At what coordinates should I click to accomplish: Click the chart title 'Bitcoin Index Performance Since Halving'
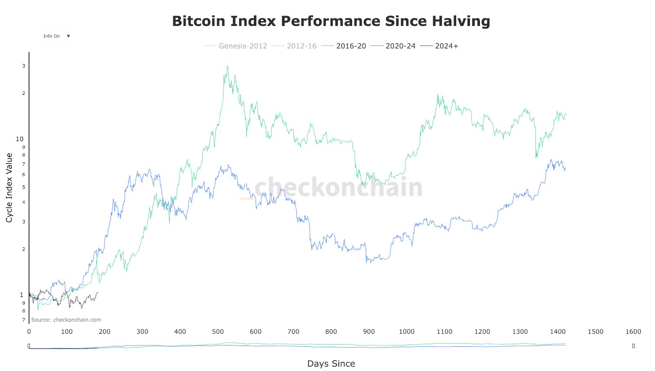click(x=331, y=21)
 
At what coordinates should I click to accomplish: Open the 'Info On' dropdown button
click(x=55, y=36)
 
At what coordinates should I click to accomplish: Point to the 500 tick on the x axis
click(x=218, y=332)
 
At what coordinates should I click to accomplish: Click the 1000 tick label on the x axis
click(x=407, y=332)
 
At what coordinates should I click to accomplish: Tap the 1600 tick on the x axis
click(x=633, y=332)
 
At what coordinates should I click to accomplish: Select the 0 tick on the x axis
click(x=29, y=332)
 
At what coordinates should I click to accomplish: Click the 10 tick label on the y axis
click(x=19, y=139)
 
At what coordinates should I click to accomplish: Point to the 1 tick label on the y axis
click(x=22, y=295)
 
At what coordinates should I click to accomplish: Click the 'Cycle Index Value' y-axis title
click(x=10, y=188)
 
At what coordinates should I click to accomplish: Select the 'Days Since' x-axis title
click(x=331, y=364)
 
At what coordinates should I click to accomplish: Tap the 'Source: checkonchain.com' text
click(x=66, y=320)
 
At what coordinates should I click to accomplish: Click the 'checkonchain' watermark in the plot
click(x=338, y=187)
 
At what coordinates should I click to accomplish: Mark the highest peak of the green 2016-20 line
click(x=227, y=66)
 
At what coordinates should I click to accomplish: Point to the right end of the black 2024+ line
click(x=98, y=292)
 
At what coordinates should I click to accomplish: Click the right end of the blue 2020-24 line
click(x=565, y=168)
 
